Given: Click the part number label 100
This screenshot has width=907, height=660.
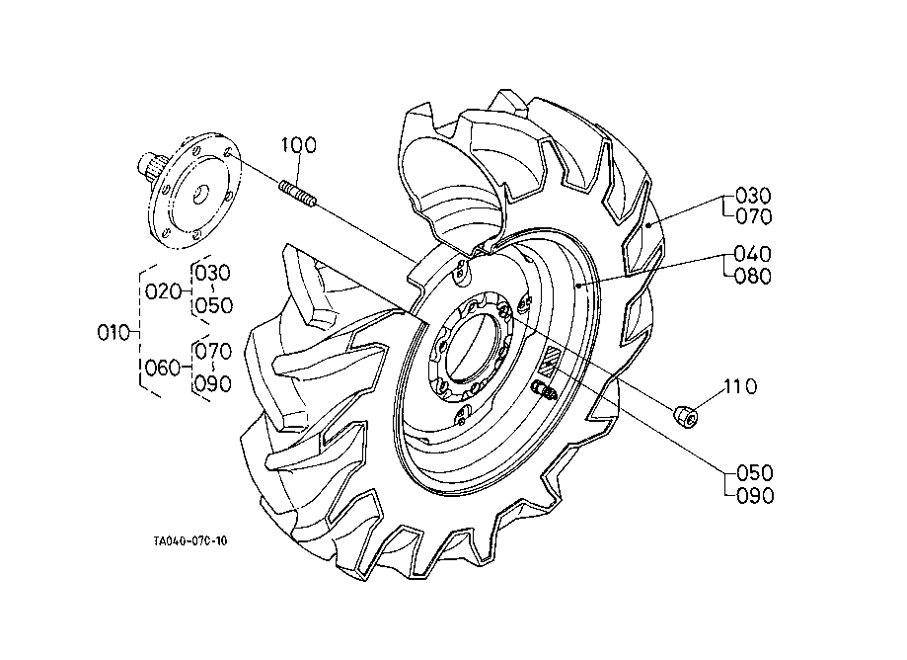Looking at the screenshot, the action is (x=299, y=144).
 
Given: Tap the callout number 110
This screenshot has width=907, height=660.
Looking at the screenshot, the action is (x=740, y=386).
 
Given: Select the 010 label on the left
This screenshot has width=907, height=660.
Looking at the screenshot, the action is (x=113, y=333).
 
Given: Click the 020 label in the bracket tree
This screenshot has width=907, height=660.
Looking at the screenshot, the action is (x=163, y=291).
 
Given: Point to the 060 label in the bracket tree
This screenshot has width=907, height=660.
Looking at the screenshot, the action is (x=163, y=368).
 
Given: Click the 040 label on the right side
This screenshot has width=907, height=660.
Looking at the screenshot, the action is (x=753, y=254).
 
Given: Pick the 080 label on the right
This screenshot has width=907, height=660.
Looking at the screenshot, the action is (x=753, y=276).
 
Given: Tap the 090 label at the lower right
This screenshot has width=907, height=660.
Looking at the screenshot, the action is (x=755, y=496).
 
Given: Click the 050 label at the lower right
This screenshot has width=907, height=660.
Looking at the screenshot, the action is (x=755, y=473).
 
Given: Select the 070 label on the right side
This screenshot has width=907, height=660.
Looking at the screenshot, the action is (x=754, y=216).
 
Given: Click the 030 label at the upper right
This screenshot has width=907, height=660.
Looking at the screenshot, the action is (x=754, y=195).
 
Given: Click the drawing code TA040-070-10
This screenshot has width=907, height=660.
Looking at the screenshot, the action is (x=190, y=540).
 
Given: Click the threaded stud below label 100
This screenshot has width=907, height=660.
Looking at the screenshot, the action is (x=297, y=194).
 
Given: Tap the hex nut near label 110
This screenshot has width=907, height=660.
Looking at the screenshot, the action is (x=685, y=417).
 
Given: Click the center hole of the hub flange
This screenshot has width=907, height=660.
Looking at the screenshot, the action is (x=201, y=195).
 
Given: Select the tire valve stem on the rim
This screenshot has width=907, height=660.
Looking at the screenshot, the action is (x=546, y=391).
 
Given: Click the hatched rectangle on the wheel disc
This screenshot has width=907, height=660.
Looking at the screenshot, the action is (x=549, y=360).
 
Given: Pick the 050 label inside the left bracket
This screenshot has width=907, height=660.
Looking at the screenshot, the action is (x=214, y=305).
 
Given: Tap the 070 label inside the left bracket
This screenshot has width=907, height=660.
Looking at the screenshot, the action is (x=213, y=351).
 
